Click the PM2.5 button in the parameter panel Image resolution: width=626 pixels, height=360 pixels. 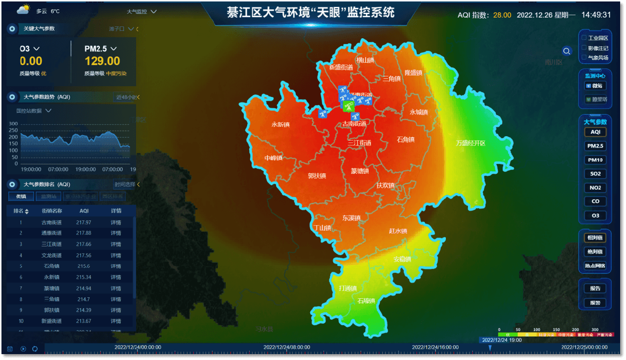(x=595, y=146)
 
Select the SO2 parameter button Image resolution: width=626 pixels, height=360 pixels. (x=595, y=174)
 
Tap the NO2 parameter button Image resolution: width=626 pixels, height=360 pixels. (x=595, y=188)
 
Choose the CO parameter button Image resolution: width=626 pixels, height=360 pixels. (x=595, y=201)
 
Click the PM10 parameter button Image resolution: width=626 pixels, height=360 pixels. (x=595, y=160)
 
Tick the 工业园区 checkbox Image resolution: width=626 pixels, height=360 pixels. (x=583, y=38)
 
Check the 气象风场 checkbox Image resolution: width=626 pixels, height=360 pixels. (x=583, y=57)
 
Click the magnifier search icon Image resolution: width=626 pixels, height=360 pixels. (x=567, y=51)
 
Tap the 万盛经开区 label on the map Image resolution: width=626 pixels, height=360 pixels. (x=470, y=144)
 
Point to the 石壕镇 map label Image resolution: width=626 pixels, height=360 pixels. (x=366, y=301)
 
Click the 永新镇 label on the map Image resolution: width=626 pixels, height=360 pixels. (x=280, y=124)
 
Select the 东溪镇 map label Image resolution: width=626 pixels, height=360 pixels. (x=351, y=218)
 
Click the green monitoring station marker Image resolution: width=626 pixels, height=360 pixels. (x=348, y=106)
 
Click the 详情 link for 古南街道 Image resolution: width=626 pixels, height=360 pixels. (x=116, y=222)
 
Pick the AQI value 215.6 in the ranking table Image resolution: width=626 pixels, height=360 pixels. (x=84, y=266)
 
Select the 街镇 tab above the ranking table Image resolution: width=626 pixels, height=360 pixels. (x=21, y=196)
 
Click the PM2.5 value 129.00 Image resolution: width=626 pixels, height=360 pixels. (x=102, y=61)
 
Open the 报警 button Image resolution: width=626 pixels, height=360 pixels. (x=595, y=303)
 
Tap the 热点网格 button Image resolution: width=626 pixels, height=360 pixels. (x=595, y=266)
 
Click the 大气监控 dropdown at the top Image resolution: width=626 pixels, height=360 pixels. (x=141, y=11)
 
